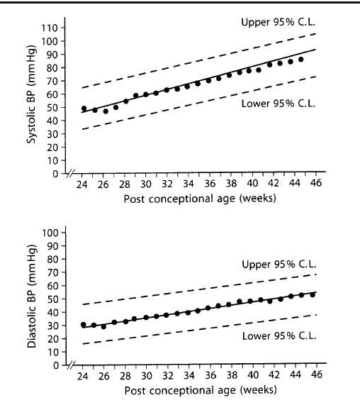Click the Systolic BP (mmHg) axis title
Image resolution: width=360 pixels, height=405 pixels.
point(31,94)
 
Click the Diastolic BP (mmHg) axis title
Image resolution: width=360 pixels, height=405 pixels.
point(32,296)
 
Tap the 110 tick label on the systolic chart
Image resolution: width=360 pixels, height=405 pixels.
point(50,28)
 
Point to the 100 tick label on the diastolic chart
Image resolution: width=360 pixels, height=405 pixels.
point(50,233)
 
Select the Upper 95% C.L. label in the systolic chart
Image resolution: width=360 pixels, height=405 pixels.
point(279,22)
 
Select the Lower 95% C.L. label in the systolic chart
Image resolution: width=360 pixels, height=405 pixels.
point(279,104)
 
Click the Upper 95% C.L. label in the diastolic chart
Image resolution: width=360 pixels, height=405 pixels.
point(279,265)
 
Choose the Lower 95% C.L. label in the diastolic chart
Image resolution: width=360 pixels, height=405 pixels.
point(279,336)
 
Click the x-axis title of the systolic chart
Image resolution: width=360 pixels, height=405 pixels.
point(200,199)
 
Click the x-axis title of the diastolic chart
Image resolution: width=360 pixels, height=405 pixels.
point(201,390)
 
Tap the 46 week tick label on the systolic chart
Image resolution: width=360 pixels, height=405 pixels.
point(316,183)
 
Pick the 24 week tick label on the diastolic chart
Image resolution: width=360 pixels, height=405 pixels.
point(83,377)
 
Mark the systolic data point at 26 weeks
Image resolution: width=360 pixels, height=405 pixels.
point(106,111)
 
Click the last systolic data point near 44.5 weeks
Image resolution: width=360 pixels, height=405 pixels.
point(300,60)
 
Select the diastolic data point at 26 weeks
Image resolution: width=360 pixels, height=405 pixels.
point(103,327)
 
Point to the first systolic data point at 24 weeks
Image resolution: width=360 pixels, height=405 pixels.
point(84,109)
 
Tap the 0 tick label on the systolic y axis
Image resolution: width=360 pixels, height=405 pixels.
point(55,174)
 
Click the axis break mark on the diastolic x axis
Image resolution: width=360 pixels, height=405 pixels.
point(71,365)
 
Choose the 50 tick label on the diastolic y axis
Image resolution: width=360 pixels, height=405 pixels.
point(53,299)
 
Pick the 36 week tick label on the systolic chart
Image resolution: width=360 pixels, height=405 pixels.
point(210,184)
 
